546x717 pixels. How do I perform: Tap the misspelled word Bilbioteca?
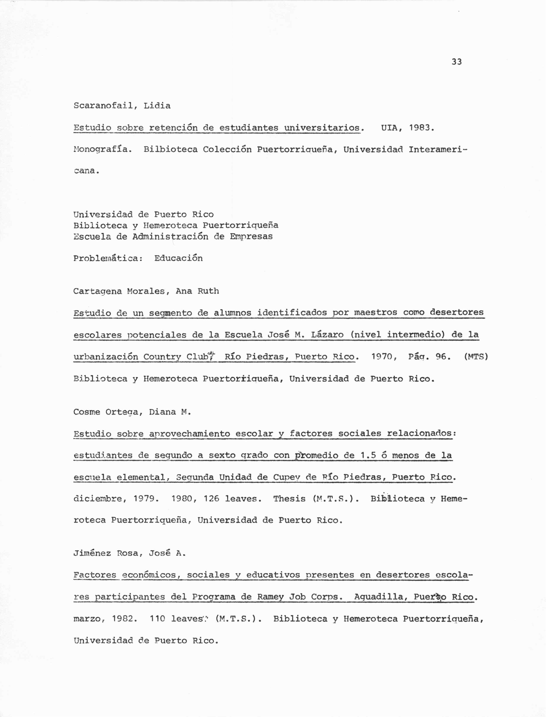[170, 149]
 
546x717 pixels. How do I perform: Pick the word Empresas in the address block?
[251, 236]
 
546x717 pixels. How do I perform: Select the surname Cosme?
[87, 412]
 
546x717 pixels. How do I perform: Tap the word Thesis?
[289, 499]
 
